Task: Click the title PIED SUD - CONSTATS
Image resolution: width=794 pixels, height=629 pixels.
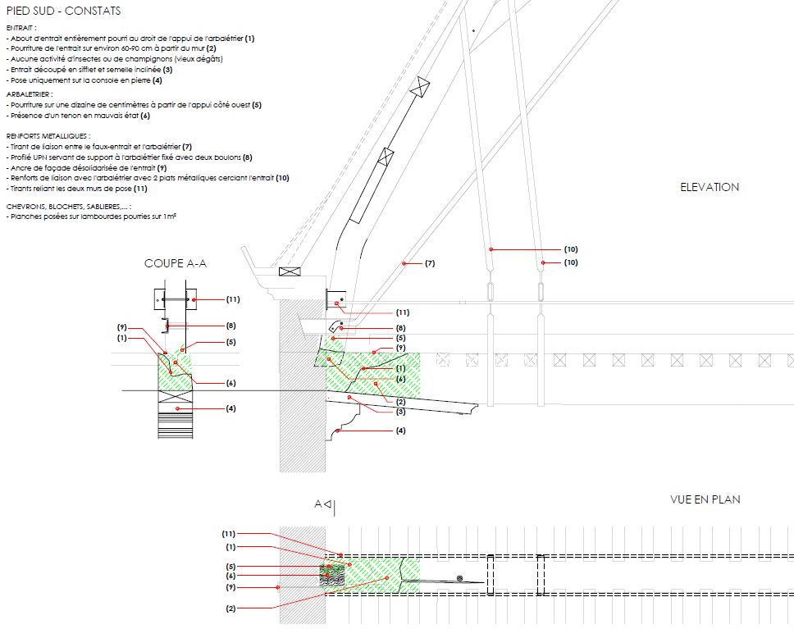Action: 63,11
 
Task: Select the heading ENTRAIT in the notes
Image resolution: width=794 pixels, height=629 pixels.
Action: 21,28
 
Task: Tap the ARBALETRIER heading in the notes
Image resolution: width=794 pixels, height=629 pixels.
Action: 29,94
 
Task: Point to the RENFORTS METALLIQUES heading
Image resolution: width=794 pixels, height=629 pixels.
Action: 47,135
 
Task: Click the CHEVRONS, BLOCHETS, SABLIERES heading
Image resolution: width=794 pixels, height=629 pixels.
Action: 67,207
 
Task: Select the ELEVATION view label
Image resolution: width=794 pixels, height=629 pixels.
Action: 710,187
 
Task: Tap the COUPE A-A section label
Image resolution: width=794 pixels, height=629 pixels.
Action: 176,263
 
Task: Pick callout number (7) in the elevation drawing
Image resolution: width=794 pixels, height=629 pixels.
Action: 430,263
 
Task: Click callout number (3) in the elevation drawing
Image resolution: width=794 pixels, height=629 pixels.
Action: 401,411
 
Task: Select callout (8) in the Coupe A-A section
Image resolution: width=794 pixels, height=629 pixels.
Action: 231,326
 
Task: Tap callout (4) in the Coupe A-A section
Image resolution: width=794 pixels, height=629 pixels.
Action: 231,408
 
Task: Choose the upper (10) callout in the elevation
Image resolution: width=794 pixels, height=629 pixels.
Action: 571,248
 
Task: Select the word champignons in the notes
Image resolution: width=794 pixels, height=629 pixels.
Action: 156,59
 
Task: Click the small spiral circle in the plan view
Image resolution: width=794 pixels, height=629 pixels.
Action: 459,579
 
